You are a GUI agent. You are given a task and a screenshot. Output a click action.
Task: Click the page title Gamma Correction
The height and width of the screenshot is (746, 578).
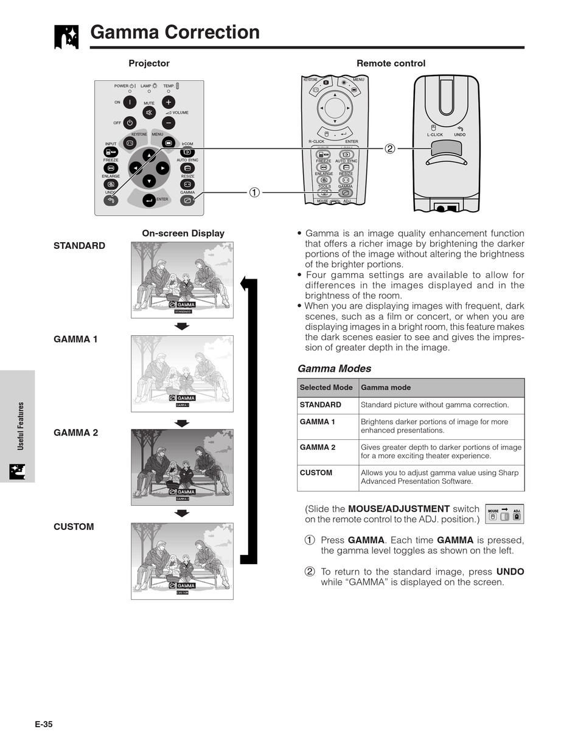click(175, 32)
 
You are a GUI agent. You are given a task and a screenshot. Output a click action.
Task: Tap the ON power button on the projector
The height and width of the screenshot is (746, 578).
click(130, 102)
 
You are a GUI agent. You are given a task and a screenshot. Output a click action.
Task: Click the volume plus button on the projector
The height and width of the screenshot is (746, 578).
click(169, 102)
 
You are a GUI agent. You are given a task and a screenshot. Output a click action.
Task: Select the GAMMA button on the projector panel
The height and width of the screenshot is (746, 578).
click(187, 200)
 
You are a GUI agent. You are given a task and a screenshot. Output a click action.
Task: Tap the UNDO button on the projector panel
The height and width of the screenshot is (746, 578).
click(111, 200)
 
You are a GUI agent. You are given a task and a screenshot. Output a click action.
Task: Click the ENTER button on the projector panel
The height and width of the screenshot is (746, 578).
click(149, 200)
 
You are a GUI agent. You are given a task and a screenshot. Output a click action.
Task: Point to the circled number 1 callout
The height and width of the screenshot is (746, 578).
click(254, 192)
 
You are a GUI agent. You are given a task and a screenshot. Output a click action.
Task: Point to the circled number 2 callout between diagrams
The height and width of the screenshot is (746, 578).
click(390, 148)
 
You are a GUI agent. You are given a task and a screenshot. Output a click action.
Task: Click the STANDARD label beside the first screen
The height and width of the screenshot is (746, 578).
click(79, 246)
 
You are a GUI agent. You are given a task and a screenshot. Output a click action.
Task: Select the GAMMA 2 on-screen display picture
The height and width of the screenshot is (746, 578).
click(182, 467)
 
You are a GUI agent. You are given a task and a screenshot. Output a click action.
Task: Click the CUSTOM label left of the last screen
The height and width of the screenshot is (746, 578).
click(74, 527)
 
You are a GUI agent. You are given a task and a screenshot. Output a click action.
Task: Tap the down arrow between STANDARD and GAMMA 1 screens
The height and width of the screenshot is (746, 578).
click(182, 326)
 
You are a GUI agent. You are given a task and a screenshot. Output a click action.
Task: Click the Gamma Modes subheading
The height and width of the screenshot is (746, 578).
click(334, 369)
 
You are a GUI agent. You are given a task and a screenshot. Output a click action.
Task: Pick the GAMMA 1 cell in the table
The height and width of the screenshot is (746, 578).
click(318, 422)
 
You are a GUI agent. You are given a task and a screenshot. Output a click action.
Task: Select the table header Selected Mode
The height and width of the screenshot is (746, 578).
click(326, 388)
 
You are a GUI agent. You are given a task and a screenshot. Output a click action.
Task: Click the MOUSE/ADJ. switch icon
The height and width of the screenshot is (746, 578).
click(504, 514)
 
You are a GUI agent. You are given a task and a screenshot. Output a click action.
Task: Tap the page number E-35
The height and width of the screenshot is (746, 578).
click(44, 724)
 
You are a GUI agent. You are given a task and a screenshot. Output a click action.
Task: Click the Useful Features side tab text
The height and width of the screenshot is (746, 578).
click(21, 426)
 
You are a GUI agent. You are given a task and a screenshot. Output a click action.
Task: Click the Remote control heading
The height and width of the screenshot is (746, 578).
click(391, 63)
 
